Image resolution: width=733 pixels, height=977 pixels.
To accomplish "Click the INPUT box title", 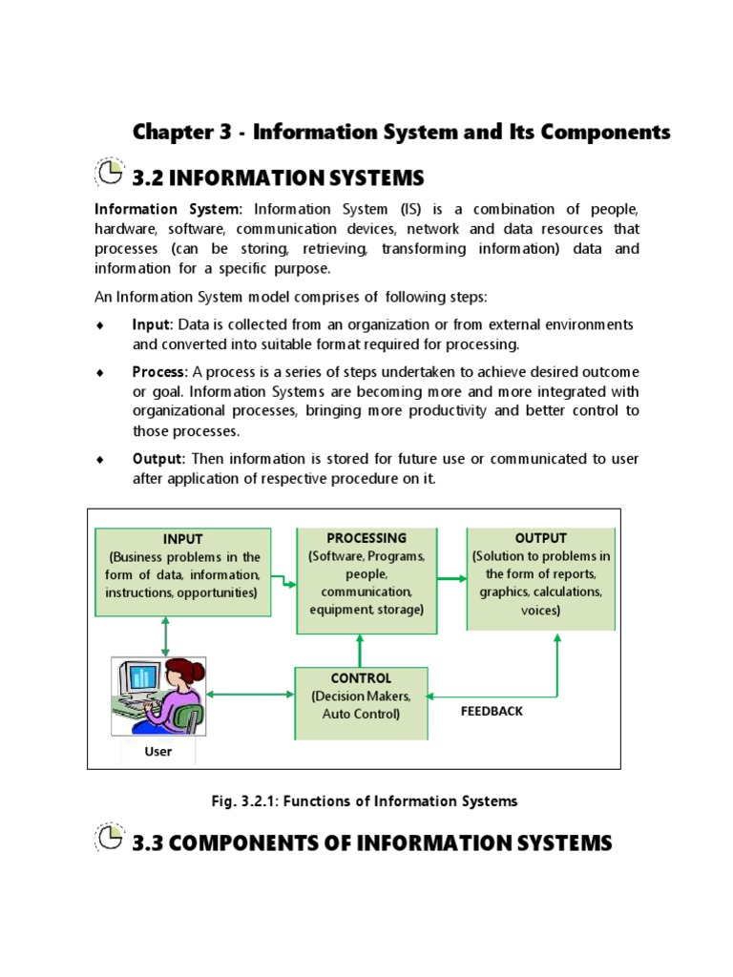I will coord(182,539).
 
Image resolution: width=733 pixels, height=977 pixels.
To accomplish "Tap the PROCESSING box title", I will coord(366,538).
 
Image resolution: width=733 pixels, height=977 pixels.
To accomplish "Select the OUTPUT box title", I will coord(540,538).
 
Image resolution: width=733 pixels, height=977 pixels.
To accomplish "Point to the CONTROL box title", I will coord(361,678).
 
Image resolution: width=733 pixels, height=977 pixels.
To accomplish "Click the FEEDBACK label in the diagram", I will coord(492,711).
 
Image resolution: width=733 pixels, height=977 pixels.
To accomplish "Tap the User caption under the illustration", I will coord(157,751).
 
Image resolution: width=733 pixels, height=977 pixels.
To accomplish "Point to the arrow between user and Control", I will coord(250,695).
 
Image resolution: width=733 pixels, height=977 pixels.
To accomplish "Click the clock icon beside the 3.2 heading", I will coord(110,172).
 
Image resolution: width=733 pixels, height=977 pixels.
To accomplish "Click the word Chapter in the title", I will coord(169,132).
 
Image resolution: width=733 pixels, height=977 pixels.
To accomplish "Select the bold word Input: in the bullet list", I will coord(153,324).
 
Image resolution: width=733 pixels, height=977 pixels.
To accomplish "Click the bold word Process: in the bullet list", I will coord(160,371).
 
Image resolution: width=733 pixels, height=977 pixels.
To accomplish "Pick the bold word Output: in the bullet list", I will coord(158,459).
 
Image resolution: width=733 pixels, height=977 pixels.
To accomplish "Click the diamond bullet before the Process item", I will coord(98,372).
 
